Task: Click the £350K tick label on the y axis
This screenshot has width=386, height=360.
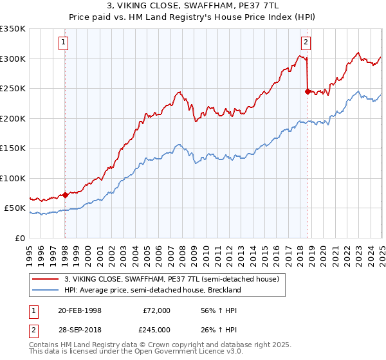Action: [12, 29]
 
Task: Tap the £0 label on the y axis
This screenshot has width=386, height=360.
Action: [21, 238]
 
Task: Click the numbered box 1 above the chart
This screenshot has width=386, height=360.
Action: [64, 42]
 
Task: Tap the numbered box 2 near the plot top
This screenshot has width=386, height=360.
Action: [306, 42]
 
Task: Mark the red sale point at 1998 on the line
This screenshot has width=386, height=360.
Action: [65, 195]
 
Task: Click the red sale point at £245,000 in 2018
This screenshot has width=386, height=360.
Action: [308, 91]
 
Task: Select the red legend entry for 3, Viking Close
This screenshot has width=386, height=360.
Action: [171, 280]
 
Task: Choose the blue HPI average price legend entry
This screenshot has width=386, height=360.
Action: [152, 290]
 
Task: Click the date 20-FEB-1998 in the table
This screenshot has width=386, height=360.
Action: [80, 310]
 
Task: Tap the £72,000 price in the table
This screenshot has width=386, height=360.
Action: [156, 310]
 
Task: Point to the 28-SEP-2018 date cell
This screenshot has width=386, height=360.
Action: [80, 329]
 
